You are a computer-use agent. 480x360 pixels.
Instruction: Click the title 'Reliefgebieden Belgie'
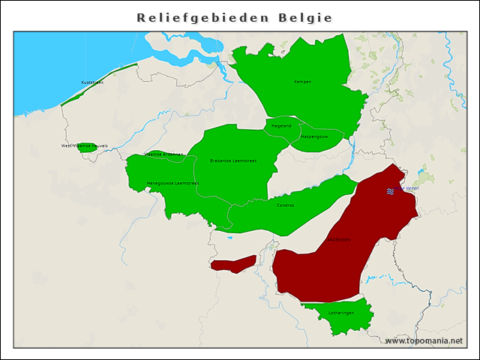pos(235,16)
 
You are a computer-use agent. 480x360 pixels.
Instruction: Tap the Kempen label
pos(302,82)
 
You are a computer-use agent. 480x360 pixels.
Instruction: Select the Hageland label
pos(281,126)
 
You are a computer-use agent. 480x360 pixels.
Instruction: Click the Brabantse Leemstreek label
pos(234,160)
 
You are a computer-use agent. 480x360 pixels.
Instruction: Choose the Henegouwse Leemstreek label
pos(172,183)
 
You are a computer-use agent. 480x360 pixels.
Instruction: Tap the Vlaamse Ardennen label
pos(163,154)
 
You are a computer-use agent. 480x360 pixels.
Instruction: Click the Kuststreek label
pos(92,82)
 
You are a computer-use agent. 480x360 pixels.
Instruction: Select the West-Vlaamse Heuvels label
pos(85,145)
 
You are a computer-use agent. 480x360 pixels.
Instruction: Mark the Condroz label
pos(285,205)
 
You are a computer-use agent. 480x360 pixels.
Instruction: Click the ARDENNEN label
pos(338,240)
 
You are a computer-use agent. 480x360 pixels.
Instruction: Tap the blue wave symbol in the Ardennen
pos(391,191)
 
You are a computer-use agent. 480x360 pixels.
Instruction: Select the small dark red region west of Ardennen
pos(233,263)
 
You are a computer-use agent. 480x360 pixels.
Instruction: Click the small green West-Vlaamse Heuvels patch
pos(87,148)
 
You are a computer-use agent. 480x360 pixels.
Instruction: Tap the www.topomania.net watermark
pos(424,340)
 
